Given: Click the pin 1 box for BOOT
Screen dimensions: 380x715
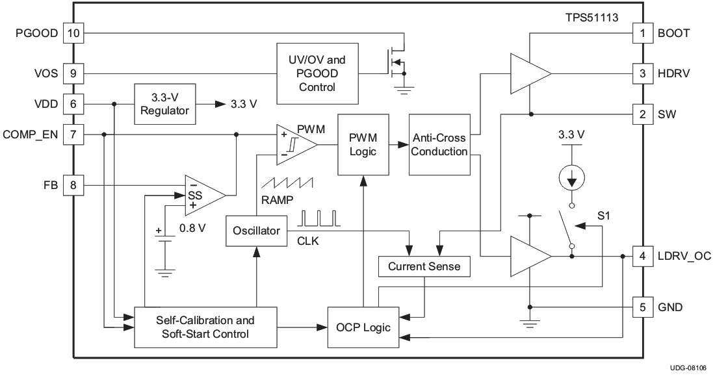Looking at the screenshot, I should pyautogui.click(x=642, y=32).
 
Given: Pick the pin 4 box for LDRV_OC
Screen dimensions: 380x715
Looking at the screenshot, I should pyautogui.click(x=642, y=256).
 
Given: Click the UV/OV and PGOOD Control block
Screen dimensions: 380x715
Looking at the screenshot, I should pyautogui.click(x=317, y=73).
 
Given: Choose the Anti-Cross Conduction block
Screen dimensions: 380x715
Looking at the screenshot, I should pyautogui.click(x=440, y=144).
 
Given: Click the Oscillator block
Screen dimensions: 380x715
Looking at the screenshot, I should pyautogui.click(x=257, y=231).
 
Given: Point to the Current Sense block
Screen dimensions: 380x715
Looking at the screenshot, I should pyautogui.click(x=424, y=266).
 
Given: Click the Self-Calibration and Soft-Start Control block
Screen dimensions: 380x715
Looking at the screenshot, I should pyautogui.click(x=205, y=327).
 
